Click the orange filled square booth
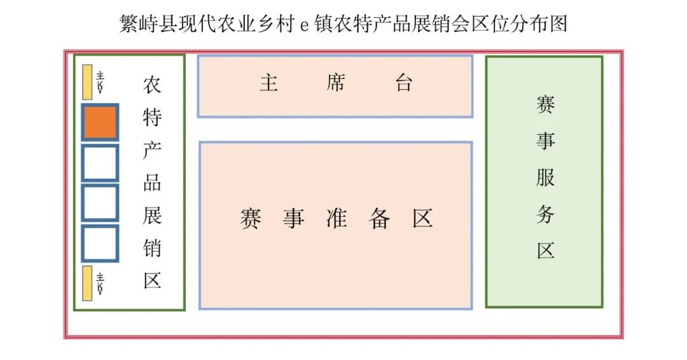point(100,123)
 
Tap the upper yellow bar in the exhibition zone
point(87,82)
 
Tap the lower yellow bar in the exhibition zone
point(87,283)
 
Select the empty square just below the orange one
point(100,163)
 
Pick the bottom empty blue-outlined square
point(100,243)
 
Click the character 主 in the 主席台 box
point(268,83)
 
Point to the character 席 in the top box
point(335,83)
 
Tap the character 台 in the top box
point(403,83)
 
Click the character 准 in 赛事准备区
point(336,218)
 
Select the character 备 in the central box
point(379,218)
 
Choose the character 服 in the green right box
point(545,177)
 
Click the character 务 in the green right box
point(545,214)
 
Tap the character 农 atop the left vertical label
point(152,84)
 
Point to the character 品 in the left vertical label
point(152,183)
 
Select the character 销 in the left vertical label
point(152,248)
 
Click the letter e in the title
point(303,25)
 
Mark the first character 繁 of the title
point(128,24)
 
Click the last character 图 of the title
point(558,24)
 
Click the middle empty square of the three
point(100,203)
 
